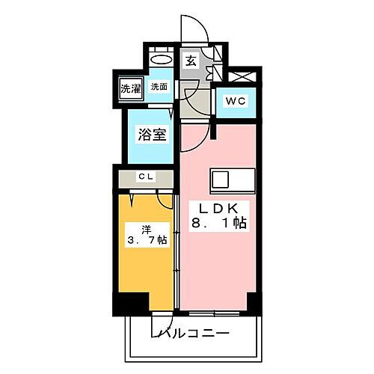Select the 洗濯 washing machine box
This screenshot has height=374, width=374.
(x=130, y=88)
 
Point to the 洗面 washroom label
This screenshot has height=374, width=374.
(x=159, y=87)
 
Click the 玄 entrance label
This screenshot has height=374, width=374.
(x=191, y=62)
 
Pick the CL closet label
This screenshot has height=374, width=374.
(x=145, y=177)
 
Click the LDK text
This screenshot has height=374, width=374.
(x=216, y=207)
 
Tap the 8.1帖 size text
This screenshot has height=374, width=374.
(x=218, y=223)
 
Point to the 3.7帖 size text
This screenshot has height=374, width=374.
(x=147, y=241)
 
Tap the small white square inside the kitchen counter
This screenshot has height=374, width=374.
(x=221, y=180)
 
